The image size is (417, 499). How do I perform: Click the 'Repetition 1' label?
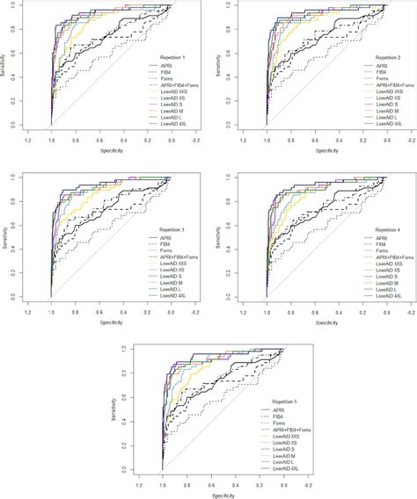click(x=165, y=55)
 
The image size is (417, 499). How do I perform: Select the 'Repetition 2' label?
click(x=373, y=55)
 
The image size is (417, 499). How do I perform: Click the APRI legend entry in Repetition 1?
click(x=160, y=65)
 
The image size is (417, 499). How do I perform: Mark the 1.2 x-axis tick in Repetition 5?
click(x=138, y=485)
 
